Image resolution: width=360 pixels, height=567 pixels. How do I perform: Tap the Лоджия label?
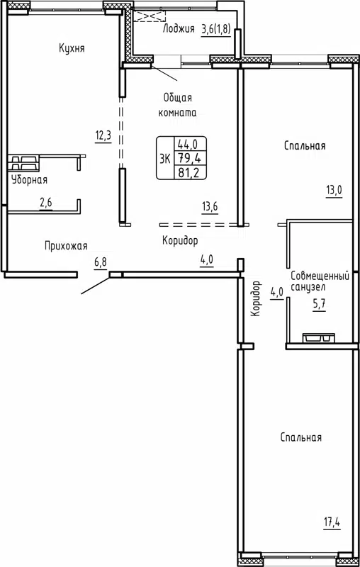pyautogui.click(x=179, y=29)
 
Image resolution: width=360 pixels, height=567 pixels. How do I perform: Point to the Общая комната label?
pyautogui.click(x=178, y=105)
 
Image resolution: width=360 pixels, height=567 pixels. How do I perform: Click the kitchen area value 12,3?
pyautogui.click(x=103, y=135)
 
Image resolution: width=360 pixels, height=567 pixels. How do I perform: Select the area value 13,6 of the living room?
pyautogui.click(x=209, y=207)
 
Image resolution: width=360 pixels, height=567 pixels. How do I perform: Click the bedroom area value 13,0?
pyautogui.click(x=334, y=190)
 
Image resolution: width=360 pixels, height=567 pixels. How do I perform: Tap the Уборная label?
pyautogui.click(x=29, y=180)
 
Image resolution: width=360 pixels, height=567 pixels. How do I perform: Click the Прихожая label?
pyautogui.click(x=65, y=246)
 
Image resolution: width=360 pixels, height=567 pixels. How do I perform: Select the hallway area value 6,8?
pyautogui.click(x=101, y=262)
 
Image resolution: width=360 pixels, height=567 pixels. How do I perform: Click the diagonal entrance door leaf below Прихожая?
pyautogui.click(x=95, y=283)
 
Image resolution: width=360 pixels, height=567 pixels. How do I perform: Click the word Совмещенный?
pyautogui.click(x=321, y=275)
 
